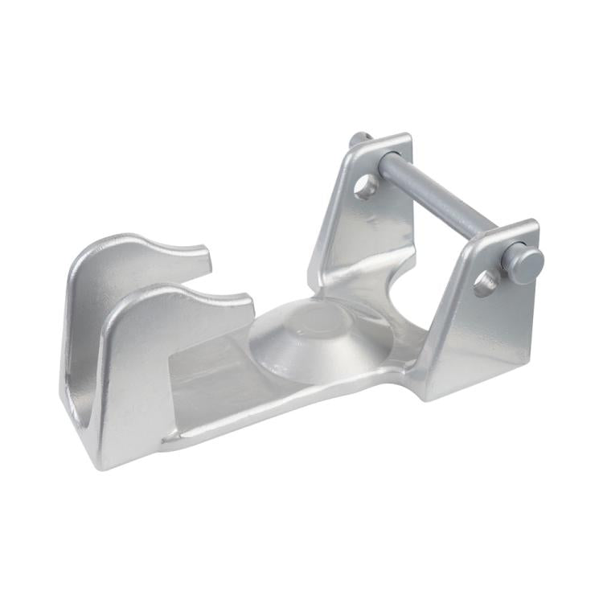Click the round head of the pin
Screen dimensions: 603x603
[525, 265]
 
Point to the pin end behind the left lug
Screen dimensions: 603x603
[359, 139]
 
